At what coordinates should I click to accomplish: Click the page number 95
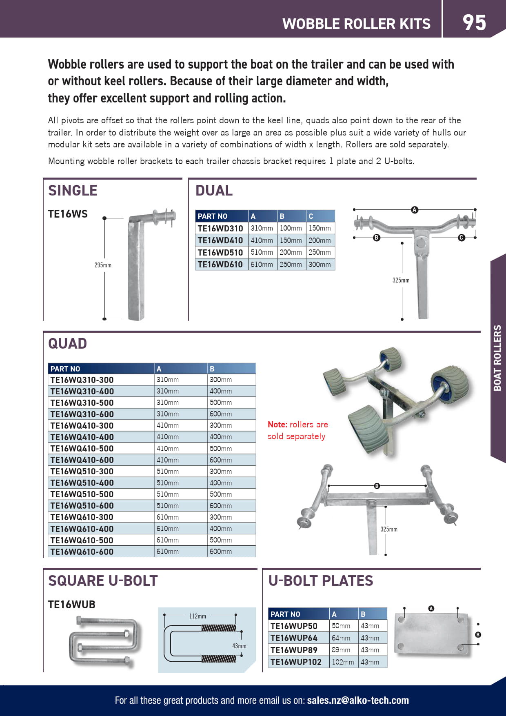pyautogui.click(x=474, y=22)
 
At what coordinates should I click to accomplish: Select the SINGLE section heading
pyautogui.click(x=73, y=191)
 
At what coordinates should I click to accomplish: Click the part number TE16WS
pyautogui.click(x=68, y=214)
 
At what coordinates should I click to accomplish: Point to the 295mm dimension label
pyautogui.click(x=103, y=265)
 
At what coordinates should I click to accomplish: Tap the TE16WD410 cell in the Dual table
pyautogui.click(x=220, y=240)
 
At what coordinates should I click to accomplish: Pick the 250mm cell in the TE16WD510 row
pyautogui.click(x=320, y=252)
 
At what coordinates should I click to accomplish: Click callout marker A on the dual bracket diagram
pyautogui.click(x=415, y=210)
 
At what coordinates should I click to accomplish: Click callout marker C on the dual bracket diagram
pyautogui.click(x=462, y=238)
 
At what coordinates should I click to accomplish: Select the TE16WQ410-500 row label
pyautogui.click(x=82, y=449)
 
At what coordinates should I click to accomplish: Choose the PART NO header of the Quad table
pyautogui.click(x=65, y=369)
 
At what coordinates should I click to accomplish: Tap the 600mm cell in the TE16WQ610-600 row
pyautogui.click(x=221, y=551)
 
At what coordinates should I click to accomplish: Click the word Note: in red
pyautogui.click(x=277, y=425)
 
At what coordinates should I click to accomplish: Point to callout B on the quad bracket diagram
pyautogui.click(x=377, y=486)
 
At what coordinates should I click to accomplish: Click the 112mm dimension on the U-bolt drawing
pyautogui.click(x=198, y=616)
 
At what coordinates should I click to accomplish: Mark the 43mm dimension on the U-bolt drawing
pyautogui.click(x=239, y=646)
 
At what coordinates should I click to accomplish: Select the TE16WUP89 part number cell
pyautogui.click(x=294, y=650)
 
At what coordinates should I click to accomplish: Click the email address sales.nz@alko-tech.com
pyautogui.click(x=358, y=700)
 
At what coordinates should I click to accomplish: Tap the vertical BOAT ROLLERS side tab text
pyautogui.click(x=497, y=358)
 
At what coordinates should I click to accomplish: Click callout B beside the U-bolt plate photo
pyautogui.click(x=478, y=635)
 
